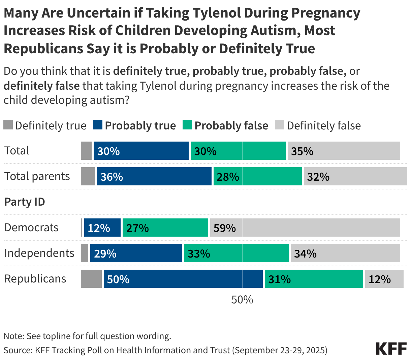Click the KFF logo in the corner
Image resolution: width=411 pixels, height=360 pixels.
point(391,349)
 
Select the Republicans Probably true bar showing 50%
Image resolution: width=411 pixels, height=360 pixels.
point(183,279)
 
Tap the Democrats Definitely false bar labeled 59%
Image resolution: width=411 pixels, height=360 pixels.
point(305,228)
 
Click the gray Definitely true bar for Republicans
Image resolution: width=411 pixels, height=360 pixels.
point(91,279)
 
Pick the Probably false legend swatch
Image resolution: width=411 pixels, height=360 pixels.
point(187,125)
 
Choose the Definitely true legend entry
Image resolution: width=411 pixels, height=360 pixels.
point(45,125)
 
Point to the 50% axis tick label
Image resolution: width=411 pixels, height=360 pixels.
point(242,299)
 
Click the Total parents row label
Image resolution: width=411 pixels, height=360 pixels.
point(37,176)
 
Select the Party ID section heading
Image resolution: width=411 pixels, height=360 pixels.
point(25,202)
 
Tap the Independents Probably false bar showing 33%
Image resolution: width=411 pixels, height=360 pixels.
point(236,253)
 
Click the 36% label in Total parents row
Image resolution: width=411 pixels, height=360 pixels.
point(112,177)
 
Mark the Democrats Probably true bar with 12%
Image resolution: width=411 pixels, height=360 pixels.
point(102,228)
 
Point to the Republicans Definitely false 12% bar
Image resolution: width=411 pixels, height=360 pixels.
point(384,279)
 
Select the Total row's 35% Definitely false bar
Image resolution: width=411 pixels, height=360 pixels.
point(344,151)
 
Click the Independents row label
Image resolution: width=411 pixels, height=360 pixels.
point(39,253)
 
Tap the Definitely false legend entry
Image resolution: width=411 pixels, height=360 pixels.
point(318,125)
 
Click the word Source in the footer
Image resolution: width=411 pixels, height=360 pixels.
point(17,350)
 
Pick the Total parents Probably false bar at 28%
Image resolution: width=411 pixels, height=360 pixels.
point(257,176)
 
